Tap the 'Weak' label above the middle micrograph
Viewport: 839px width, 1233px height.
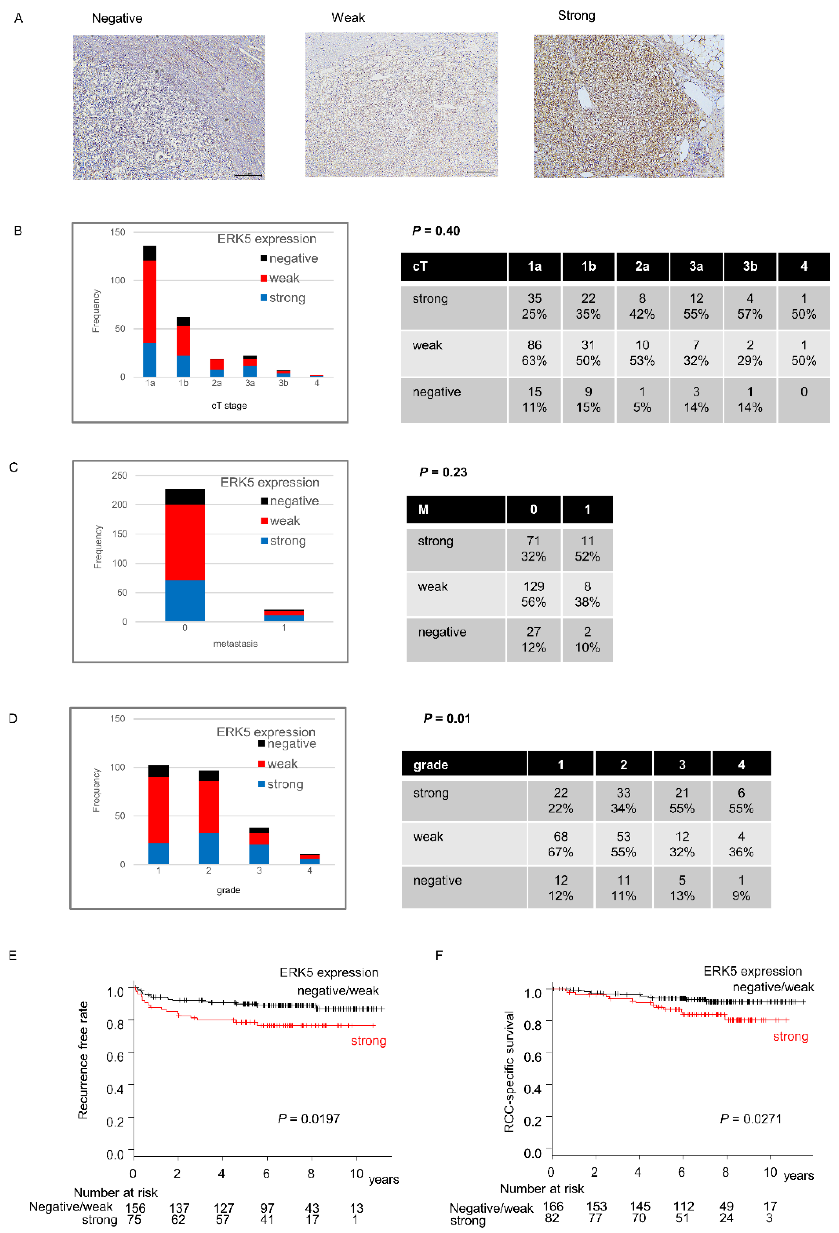tap(348, 18)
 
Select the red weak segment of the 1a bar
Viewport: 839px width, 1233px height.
tap(150, 301)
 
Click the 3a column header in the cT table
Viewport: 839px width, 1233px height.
tap(696, 266)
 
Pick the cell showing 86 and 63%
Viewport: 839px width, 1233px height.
tap(534, 353)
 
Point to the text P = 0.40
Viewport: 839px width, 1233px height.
tap(436, 231)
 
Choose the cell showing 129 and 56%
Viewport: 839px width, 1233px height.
tap(533, 594)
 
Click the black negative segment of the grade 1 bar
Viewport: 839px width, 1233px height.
tap(158, 771)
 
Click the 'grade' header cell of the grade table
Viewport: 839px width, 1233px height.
tap(463, 765)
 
